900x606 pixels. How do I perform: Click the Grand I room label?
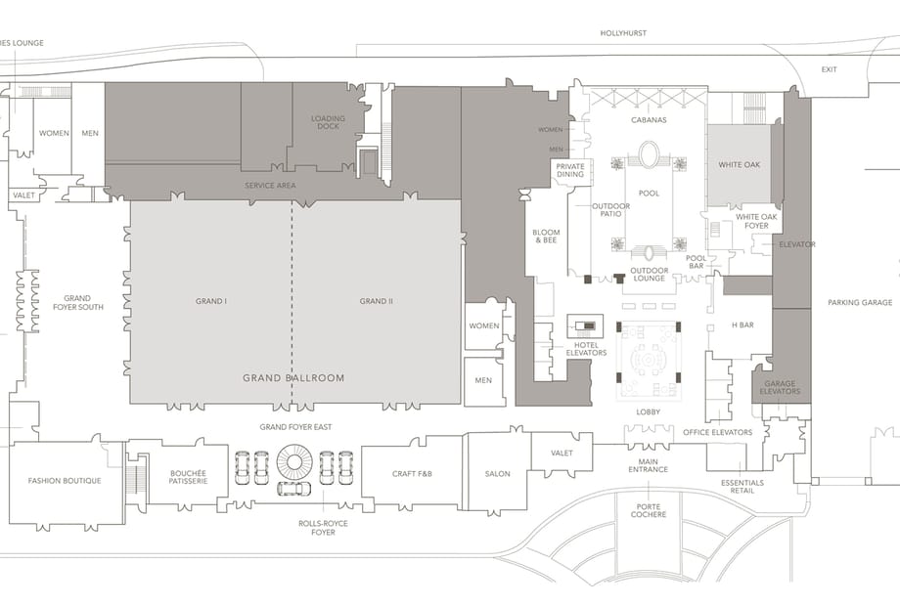[x=211, y=301]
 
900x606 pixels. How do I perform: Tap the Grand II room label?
[x=377, y=301]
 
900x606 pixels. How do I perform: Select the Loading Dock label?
[x=329, y=122]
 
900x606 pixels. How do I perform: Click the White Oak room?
[x=739, y=165]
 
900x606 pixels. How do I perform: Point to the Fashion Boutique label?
[x=65, y=481]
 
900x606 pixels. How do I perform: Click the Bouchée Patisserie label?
[x=188, y=477]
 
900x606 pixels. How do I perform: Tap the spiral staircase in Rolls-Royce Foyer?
[x=293, y=462]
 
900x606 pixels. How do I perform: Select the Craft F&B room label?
[x=412, y=474]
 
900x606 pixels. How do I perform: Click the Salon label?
[x=498, y=474]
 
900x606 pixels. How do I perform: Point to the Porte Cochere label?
[x=649, y=510]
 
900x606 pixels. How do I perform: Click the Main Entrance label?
[x=648, y=465]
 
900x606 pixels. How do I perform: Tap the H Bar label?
[x=742, y=325]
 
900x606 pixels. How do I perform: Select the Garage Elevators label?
[x=780, y=388]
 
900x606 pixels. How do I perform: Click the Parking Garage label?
[x=860, y=302]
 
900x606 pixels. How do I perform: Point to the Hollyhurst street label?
[x=623, y=33]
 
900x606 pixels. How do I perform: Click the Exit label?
[x=829, y=69]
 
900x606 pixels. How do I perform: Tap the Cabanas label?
[x=649, y=120]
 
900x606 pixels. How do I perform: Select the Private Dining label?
[x=570, y=170]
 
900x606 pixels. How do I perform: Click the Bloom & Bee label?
[x=546, y=237]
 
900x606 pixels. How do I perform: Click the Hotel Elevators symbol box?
[x=585, y=326]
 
